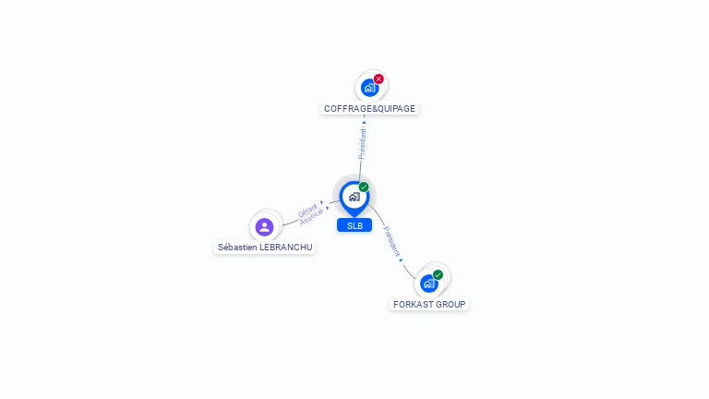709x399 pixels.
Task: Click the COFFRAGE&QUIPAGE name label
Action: point(369,108)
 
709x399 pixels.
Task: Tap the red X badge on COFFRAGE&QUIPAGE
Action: point(379,79)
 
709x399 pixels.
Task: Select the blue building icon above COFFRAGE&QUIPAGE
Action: point(369,88)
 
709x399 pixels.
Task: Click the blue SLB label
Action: point(354,225)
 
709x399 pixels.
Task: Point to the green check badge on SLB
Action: point(364,187)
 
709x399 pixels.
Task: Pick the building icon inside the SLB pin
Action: point(354,196)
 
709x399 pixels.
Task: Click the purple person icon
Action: point(265,226)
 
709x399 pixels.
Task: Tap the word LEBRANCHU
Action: point(287,248)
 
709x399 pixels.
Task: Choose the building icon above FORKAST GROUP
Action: point(428,283)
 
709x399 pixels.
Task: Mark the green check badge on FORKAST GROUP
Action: point(439,274)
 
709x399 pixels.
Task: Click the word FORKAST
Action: point(413,304)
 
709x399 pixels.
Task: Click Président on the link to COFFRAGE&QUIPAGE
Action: point(363,144)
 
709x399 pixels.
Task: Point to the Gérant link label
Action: point(307,211)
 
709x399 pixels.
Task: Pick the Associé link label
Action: point(311,218)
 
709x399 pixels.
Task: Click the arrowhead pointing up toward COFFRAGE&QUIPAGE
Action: point(364,122)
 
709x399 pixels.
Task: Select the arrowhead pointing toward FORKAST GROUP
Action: point(402,260)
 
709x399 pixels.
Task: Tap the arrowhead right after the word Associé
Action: point(327,208)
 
